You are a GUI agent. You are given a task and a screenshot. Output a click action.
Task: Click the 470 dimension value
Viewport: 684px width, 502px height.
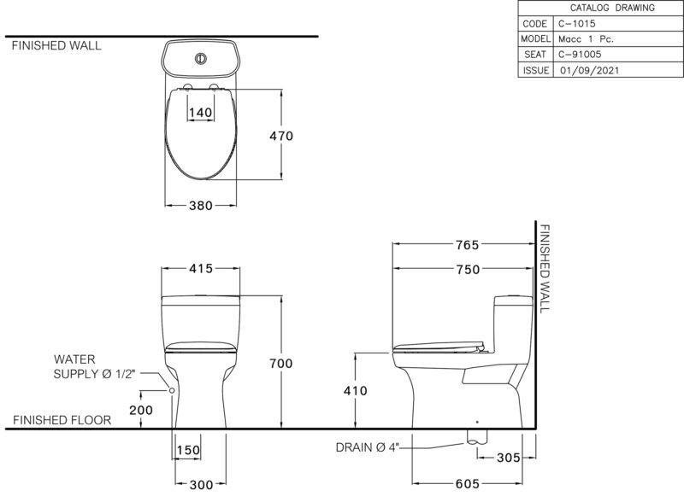tap(281, 136)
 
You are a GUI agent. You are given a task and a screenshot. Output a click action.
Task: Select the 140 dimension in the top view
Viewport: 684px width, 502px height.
tap(201, 113)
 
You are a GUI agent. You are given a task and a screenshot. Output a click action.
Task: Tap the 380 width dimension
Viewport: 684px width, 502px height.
tap(201, 205)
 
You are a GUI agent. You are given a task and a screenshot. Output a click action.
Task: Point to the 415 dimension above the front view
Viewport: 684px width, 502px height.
tap(201, 268)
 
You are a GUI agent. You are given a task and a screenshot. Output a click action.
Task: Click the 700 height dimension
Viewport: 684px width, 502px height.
tap(281, 363)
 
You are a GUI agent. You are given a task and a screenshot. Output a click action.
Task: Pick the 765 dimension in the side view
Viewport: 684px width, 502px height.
tap(468, 245)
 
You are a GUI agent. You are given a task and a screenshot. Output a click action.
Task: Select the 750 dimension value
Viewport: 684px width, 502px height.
tap(468, 269)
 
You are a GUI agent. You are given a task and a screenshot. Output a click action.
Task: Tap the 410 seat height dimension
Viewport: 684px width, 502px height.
tap(356, 390)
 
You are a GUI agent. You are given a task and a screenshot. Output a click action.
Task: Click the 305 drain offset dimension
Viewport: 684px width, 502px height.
tap(509, 458)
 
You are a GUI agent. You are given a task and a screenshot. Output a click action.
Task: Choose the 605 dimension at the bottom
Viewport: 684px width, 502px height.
tap(468, 484)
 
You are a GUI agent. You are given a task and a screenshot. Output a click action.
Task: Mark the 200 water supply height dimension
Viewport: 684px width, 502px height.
tap(141, 410)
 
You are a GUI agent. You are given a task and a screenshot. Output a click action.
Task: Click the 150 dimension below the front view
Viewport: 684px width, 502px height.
tap(188, 450)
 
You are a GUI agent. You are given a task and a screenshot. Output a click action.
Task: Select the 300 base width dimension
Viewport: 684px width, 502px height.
tap(202, 485)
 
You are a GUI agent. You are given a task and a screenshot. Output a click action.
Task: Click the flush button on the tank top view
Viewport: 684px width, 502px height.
tap(201, 58)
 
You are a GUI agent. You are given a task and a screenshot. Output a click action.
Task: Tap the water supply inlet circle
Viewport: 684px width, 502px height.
tap(172, 390)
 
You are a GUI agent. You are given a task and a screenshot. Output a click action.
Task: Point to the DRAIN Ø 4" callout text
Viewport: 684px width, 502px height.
tap(368, 447)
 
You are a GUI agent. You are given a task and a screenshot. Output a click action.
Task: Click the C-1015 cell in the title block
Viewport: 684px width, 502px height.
tap(576, 24)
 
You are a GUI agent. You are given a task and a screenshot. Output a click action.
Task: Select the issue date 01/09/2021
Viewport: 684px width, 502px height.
tap(590, 70)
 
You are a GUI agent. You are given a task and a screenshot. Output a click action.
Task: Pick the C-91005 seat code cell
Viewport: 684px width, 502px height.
tap(580, 54)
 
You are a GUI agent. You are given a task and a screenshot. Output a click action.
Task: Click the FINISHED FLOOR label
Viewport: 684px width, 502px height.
tap(62, 420)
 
